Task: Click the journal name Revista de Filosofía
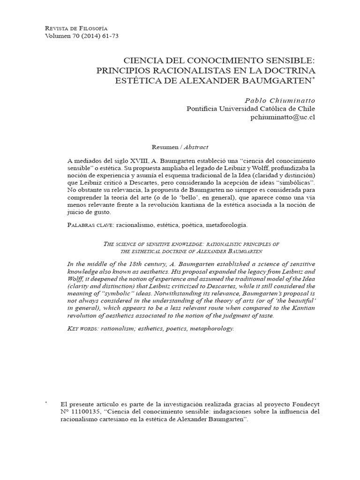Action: [x=75, y=29]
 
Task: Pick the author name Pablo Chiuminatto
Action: [x=280, y=100]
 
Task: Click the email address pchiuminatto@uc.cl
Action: [x=284, y=117]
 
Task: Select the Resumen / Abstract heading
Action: [x=180, y=146]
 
